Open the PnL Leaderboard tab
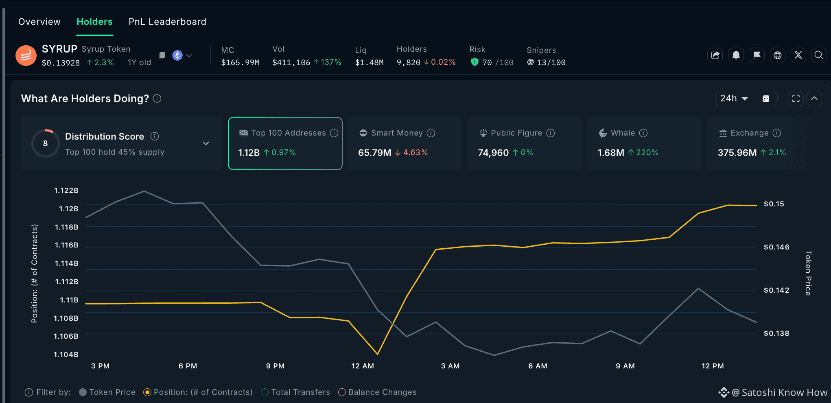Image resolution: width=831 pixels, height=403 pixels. [x=167, y=22]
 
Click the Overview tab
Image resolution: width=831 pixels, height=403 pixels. [x=39, y=22]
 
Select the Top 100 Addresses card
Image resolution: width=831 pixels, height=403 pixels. [x=285, y=143]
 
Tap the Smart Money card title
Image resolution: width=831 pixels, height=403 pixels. [x=397, y=133]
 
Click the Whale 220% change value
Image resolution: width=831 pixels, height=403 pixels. [x=647, y=153]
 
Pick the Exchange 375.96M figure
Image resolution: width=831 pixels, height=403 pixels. [x=737, y=153]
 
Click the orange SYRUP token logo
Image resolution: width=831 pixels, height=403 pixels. [x=26, y=55]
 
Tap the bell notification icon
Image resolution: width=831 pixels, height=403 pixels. [x=736, y=55]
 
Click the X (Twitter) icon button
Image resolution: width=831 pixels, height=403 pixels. [x=798, y=55]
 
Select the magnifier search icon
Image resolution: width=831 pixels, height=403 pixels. [x=819, y=55]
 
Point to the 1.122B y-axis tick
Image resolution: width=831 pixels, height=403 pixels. [x=66, y=191]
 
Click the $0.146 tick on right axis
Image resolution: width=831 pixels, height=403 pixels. [x=776, y=247]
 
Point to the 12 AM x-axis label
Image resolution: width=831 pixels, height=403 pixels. [x=363, y=366]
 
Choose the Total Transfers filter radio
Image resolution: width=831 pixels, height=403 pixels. [x=265, y=392]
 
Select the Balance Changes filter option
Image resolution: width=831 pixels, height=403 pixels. [x=378, y=392]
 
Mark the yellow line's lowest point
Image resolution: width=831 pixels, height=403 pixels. [x=378, y=354]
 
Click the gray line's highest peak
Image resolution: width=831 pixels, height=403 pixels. [x=144, y=191]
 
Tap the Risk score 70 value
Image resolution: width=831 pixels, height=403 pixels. [x=487, y=63]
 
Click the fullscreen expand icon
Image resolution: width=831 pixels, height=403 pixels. [x=796, y=99]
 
